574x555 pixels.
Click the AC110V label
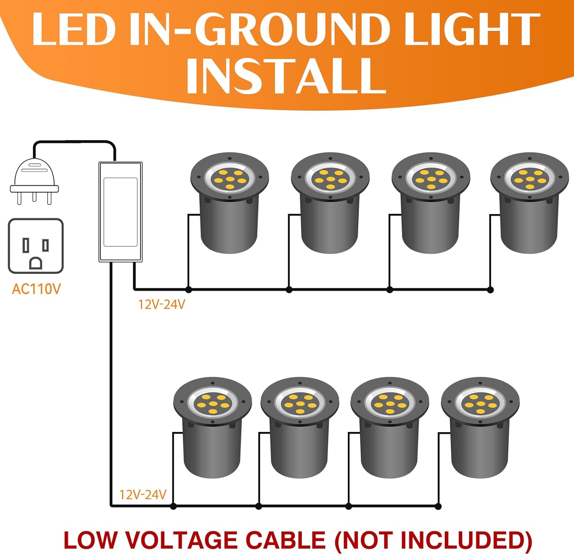(36, 289)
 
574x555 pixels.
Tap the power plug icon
(34, 180)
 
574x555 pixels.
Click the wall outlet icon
(36, 246)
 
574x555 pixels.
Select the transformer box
(121, 212)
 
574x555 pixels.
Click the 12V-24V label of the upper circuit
(161, 305)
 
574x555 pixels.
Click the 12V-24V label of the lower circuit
(143, 495)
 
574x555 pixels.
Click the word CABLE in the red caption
(285, 540)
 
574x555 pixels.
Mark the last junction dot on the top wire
(491, 290)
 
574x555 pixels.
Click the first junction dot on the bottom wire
(173, 506)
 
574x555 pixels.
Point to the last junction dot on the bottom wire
(438, 506)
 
